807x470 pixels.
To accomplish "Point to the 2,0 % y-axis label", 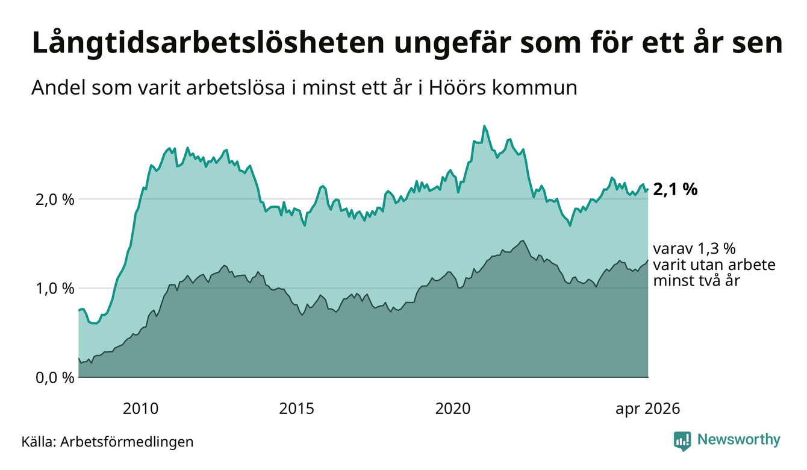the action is click(55, 199).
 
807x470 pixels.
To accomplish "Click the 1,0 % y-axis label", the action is click(55, 289).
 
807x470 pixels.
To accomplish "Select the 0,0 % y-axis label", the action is click(55, 378).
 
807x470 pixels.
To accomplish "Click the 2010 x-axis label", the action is click(140, 409).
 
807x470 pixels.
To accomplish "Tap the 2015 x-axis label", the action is click(296, 409).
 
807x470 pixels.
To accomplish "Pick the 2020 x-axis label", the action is click(453, 409).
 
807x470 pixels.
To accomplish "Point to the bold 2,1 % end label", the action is click(675, 190).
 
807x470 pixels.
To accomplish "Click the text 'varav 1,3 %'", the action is click(694, 249).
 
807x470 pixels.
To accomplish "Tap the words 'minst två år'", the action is click(696, 280).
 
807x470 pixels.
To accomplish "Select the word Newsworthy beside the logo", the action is click(739, 440).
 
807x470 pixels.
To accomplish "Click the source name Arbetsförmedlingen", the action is click(127, 442).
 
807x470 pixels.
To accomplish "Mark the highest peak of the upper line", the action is click(484, 126).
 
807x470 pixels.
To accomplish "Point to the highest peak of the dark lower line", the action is click(523, 240).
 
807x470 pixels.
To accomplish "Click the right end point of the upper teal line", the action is click(648, 189).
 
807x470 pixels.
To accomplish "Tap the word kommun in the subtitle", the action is click(535, 89).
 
